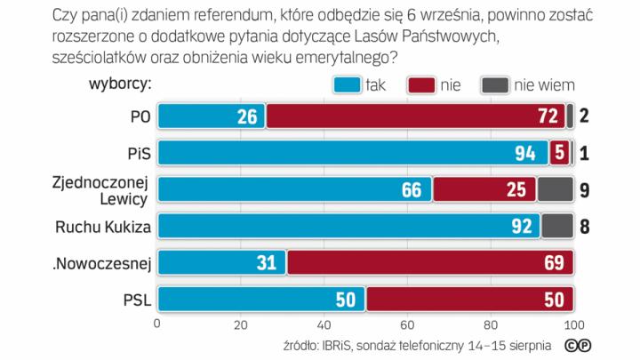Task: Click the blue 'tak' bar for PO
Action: coord(212,116)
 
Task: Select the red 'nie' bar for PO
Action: coord(415,116)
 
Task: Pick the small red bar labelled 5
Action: coord(559,153)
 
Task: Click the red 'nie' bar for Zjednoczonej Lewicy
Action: coord(484,189)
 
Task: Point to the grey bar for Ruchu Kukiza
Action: coord(556,226)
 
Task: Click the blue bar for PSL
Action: coord(261,300)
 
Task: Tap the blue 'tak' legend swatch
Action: coord(348,84)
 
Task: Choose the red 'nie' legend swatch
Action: coord(421,84)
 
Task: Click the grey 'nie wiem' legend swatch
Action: coord(494,84)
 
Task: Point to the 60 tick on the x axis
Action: coord(408,323)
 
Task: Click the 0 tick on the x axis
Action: coord(158,323)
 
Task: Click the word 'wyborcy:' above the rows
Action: coord(120,84)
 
